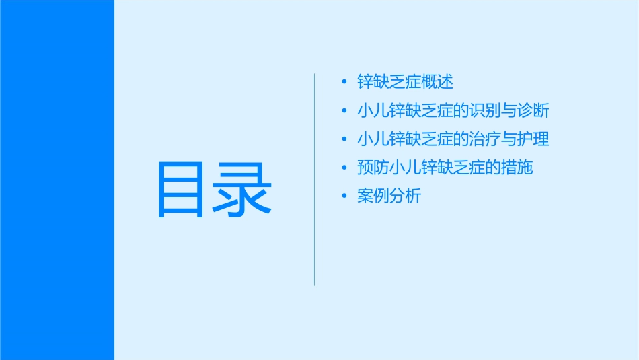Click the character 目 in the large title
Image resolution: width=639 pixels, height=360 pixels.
point(180,190)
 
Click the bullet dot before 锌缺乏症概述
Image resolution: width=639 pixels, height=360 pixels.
point(345,83)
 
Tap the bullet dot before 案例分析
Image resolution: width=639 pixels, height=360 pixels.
point(345,196)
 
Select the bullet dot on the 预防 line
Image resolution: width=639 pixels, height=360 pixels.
point(345,168)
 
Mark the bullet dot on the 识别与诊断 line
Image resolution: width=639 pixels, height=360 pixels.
point(345,111)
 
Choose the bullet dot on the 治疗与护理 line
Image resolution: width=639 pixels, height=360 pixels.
point(345,140)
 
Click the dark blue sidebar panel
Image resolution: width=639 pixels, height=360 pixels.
point(57,180)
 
